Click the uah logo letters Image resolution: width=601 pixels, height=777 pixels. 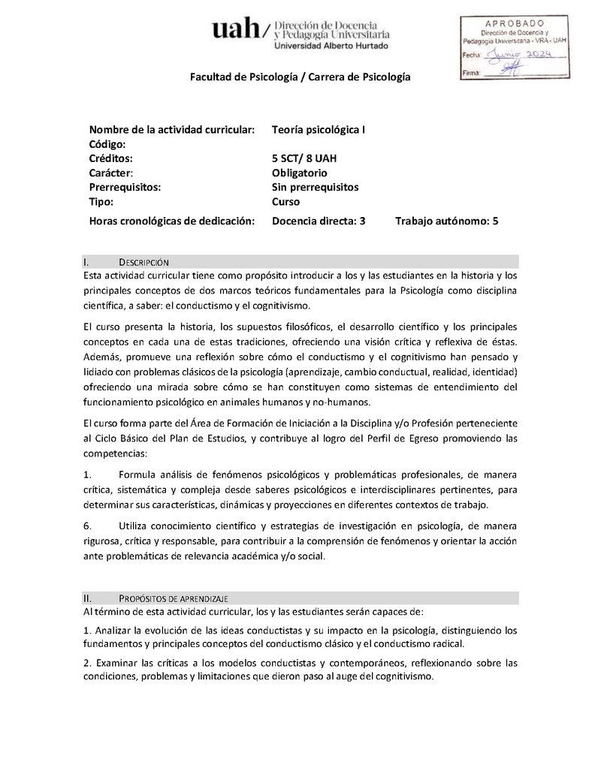click(236, 30)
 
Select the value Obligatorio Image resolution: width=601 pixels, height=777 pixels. click(300, 173)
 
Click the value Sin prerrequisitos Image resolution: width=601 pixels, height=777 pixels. click(316, 187)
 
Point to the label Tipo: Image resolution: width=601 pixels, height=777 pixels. click(101, 202)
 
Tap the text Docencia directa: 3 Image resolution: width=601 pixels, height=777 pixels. click(319, 221)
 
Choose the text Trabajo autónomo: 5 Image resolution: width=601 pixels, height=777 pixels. click(446, 221)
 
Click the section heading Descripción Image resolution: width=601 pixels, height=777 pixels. click(144, 262)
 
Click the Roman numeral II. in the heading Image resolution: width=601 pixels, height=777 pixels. click(88, 598)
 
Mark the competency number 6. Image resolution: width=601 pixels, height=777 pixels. click(87, 525)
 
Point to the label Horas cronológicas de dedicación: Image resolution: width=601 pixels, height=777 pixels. click(172, 221)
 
